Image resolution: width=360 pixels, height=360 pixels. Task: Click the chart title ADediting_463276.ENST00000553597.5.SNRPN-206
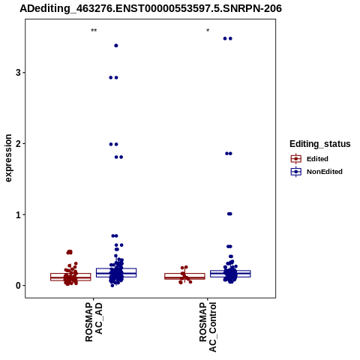click(x=151, y=8)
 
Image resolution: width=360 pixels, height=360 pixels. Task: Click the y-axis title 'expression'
click(x=8, y=158)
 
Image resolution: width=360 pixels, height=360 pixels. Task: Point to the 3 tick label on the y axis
click(x=18, y=73)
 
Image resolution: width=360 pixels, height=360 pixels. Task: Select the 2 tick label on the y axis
click(x=18, y=143)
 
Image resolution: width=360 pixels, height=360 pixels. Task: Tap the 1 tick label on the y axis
click(x=18, y=214)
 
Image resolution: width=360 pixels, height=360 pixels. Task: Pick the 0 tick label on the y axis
click(x=18, y=286)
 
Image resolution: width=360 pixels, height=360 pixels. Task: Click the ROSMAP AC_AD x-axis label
click(x=94, y=322)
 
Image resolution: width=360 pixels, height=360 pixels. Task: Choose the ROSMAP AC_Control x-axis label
click(x=208, y=327)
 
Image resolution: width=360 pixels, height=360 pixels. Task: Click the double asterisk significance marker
click(x=94, y=31)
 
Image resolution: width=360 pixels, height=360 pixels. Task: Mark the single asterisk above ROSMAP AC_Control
click(x=208, y=31)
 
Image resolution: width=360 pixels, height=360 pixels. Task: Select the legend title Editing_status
click(x=320, y=144)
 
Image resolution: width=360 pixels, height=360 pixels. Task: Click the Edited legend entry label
click(x=317, y=159)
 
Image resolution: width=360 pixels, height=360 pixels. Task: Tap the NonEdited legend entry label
click(x=325, y=172)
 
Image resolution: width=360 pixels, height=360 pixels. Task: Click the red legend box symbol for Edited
click(x=296, y=159)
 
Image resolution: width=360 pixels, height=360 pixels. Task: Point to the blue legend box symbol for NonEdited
click(x=296, y=172)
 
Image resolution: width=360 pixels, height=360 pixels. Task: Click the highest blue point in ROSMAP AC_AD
click(x=116, y=46)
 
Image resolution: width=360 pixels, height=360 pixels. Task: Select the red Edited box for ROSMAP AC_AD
click(x=70, y=277)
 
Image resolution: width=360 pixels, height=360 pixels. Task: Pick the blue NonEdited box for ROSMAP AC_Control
click(x=230, y=274)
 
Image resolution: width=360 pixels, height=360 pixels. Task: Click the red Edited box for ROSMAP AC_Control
click(x=184, y=276)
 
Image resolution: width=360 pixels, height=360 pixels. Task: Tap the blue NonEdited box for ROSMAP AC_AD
click(x=116, y=273)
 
